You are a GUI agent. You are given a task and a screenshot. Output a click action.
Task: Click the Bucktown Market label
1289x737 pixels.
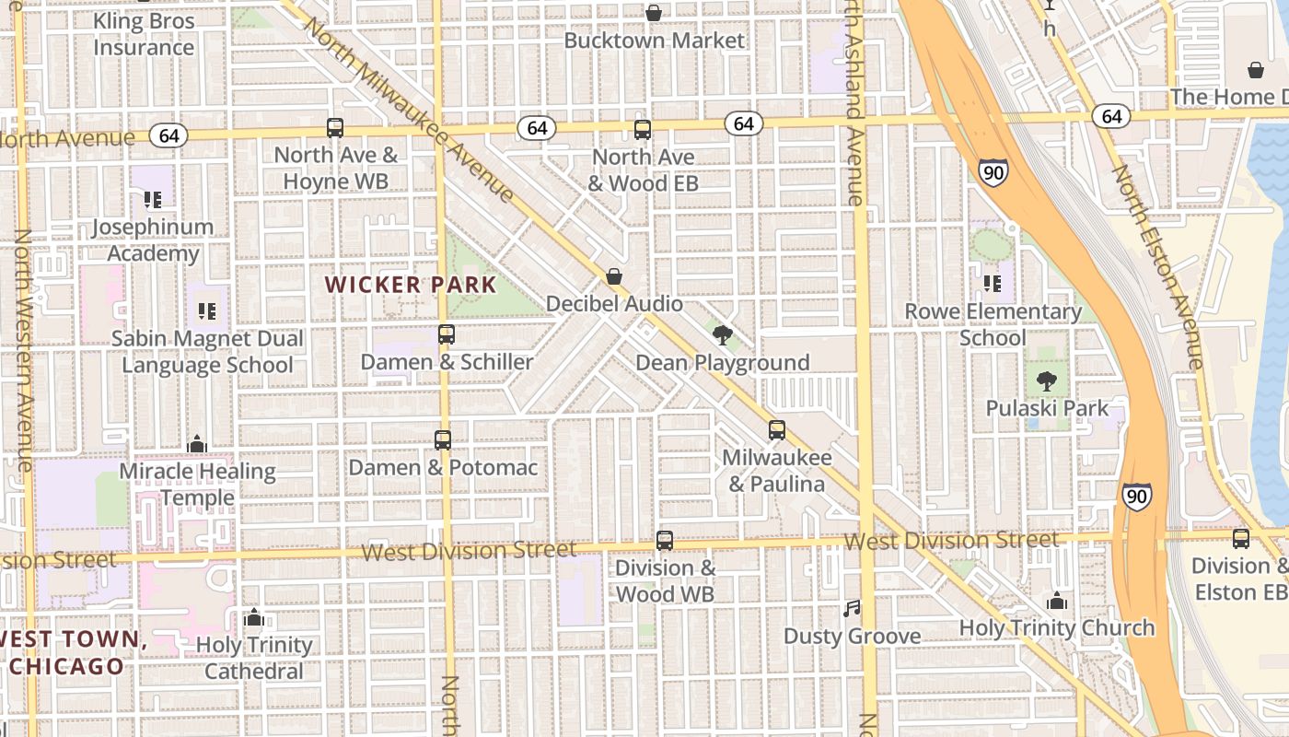pyautogui.click(x=654, y=41)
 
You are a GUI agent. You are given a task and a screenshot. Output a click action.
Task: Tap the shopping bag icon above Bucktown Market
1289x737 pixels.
pyautogui.click(x=654, y=13)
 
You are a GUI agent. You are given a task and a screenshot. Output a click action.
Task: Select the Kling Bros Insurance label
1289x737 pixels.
pyautogui.click(x=144, y=34)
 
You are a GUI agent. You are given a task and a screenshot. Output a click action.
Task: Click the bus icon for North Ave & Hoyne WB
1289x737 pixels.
pyautogui.click(x=335, y=128)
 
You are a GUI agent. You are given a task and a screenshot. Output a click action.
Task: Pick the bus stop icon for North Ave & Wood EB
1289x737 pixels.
pyautogui.click(x=643, y=130)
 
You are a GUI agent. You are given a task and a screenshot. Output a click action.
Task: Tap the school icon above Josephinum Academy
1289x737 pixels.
pyautogui.click(x=153, y=199)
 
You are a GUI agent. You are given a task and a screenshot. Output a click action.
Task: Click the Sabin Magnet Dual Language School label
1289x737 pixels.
pyautogui.click(x=207, y=352)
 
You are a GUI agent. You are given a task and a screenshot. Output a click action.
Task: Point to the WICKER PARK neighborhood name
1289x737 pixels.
pyautogui.click(x=411, y=285)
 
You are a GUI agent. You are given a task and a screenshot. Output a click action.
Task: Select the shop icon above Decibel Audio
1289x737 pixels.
pyautogui.click(x=614, y=276)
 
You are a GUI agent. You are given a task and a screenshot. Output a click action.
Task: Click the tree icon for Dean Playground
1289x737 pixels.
pyautogui.click(x=723, y=335)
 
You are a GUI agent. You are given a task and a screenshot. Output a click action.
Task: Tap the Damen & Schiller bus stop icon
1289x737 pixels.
pyautogui.click(x=447, y=334)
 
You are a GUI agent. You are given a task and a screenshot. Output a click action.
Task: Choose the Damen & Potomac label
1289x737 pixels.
pyautogui.click(x=443, y=467)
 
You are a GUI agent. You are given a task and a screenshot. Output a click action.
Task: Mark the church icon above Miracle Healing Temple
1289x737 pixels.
pyautogui.click(x=197, y=445)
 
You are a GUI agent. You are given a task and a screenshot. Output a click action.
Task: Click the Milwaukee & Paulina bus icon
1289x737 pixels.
pyautogui.click(x=777, y=430)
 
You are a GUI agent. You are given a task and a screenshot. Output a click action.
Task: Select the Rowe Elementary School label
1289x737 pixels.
pyautogui.click(x=993, y=324)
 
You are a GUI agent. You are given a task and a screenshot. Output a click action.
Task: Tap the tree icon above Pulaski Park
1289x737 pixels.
pyautogui.click(x=1047, y=380)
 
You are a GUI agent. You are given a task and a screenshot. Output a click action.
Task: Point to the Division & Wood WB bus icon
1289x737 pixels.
pyautogui.click(x=665, y=541)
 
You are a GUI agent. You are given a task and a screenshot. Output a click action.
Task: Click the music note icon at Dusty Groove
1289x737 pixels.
pyautogui.click(x=852, y=609)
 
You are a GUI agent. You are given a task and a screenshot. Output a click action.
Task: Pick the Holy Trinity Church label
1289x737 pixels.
pyautogui.click(x=1057, y=628)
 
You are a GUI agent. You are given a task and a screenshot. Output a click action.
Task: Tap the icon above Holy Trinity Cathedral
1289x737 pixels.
pyautogui.click(x=254, y=617)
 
